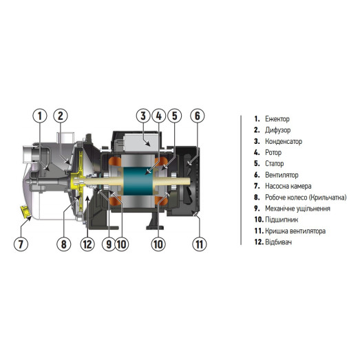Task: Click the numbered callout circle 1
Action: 41,116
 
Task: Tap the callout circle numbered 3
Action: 142,116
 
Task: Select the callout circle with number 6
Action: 197,116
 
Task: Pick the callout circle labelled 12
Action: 87,244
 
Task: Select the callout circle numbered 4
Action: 158,116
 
